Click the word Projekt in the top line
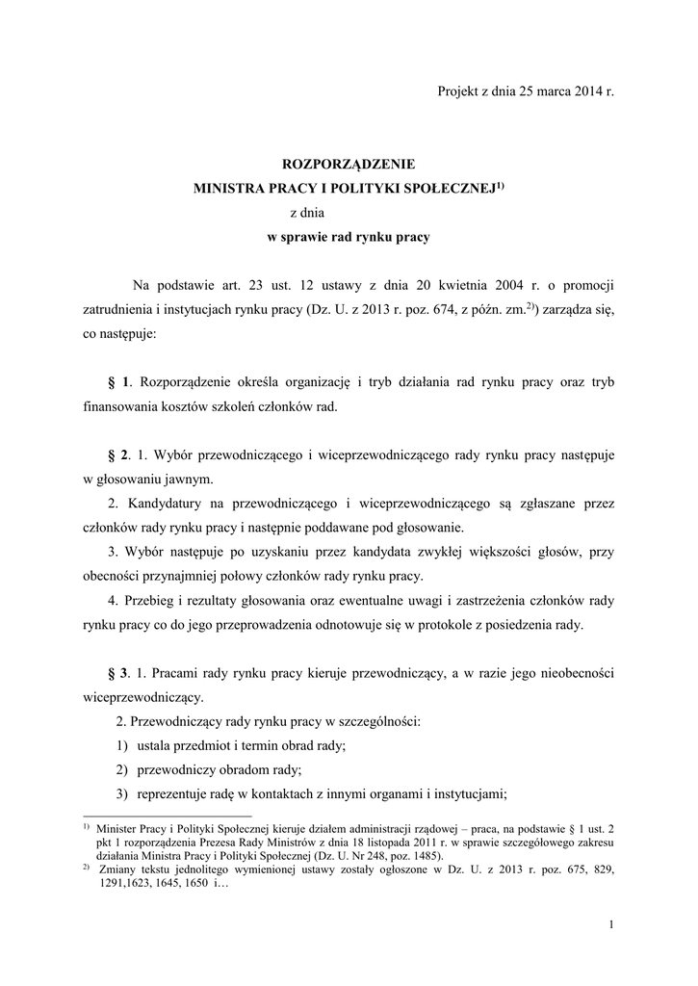click(x=458, y=91)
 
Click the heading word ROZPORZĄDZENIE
click(x=348, y=165)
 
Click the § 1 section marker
click(x=122, y=381)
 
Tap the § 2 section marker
click(x=122, y=453)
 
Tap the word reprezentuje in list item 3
click(x=176, y=794)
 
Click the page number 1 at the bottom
click(x=611, y=925)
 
